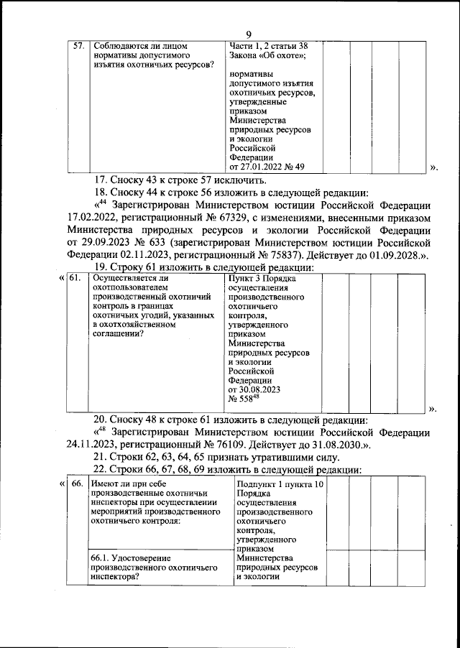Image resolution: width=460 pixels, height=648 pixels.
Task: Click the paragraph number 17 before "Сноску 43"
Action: (100, 180)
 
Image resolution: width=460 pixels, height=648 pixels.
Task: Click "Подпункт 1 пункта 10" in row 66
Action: (279, 485)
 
